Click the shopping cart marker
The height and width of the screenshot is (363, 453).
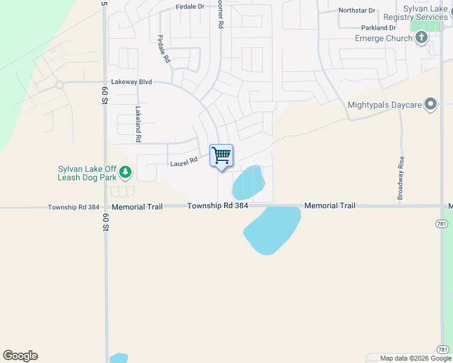[x=222, y=155]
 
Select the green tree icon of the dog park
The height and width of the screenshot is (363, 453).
[x=125, y=173]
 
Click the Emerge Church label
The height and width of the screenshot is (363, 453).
[x=383, y=38]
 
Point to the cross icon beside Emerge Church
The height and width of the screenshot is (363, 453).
[x=422, y=38]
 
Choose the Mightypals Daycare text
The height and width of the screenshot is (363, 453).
[x=385, y=105]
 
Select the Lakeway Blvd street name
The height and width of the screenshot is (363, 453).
[x=131, y=82]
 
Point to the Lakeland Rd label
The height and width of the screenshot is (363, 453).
[x=138, y=124]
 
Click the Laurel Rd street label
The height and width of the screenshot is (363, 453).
[x=184, y=161]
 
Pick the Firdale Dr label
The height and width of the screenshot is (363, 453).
[x=190, y=7]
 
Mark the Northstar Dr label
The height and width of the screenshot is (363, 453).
[x=357, y=10]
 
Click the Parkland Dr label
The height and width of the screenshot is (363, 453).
[x=379, y=28]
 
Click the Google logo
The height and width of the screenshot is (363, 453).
[x=20, y=356]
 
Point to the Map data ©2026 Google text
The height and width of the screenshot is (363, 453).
[x=415, y=358]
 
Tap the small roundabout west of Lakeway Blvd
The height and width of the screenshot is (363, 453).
[x=59, y=85]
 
